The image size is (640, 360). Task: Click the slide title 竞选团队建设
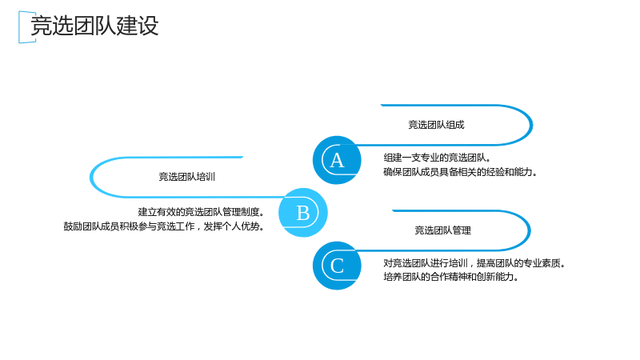94,26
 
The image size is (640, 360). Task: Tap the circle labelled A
337,160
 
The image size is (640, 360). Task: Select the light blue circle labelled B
303,212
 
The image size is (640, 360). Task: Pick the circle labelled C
337,266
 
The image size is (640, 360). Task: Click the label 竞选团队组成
436,125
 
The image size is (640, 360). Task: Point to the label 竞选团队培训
186,177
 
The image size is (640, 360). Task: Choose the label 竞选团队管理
443,230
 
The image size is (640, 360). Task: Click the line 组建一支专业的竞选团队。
437,158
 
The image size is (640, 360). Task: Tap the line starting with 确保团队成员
460,172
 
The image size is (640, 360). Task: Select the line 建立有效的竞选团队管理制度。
202,212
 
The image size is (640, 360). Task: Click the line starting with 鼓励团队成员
164,226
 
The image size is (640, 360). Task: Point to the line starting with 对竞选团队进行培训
474,263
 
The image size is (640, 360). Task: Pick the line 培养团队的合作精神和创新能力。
451,277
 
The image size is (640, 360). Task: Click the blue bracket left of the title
19,27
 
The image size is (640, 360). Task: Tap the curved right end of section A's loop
531,125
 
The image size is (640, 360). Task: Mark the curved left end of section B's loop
91,177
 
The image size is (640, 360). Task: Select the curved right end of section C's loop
529,230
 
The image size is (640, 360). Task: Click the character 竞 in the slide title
42,26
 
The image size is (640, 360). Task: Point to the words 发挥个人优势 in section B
234,226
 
